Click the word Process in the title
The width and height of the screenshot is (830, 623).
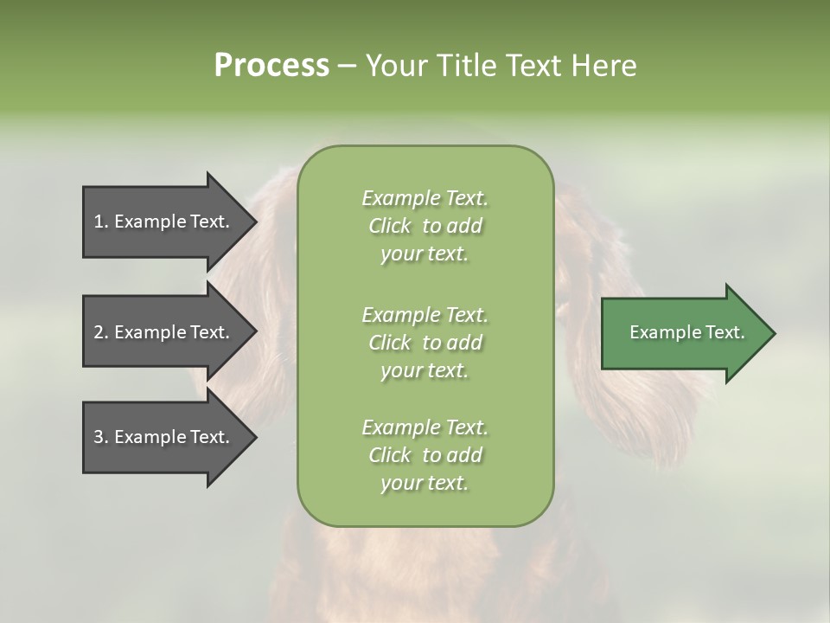click(x=271, y=66)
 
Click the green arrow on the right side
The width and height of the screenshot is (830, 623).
click(x=683, y=333)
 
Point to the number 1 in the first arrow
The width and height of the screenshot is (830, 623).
click(x=99, y=222)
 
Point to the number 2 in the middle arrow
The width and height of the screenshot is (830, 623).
click(x=99, y=332)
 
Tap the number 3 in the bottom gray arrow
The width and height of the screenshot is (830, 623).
click(x=99, y=437)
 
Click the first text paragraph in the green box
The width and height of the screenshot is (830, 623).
click(x=425, y=226)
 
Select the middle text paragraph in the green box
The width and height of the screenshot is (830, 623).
click(x=425, y=343)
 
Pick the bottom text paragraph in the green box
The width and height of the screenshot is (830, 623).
click(x=425, y=455)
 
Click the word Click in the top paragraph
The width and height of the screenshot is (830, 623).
click(x=390, y=226)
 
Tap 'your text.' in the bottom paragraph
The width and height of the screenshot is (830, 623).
click(x=425, y=483)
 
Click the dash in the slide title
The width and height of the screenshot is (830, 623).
click(x=347, y=67)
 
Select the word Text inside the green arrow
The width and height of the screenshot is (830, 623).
click(x=725, y=332)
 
